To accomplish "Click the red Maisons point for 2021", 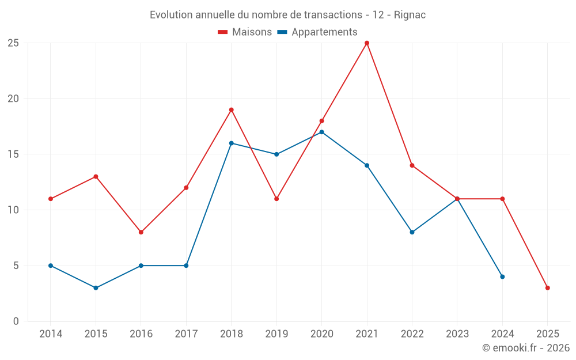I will [x=367, y=43].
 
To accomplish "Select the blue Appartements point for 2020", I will [x=321, y=132].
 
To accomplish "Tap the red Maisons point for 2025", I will [x=547, y=288].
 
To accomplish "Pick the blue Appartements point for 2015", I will [x=96, y=288].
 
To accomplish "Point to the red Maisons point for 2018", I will [x=231, y=110].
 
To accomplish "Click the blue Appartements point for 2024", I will [x=502, y=276].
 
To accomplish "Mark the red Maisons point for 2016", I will [x=141, y=232].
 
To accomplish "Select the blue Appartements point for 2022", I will [x=412, y=232].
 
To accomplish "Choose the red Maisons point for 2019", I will [x=276, y=199].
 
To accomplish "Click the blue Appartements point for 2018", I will [x=231, y=143].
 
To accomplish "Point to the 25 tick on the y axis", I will [x=13, y=43].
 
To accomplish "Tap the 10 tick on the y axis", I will [x=13, y=210].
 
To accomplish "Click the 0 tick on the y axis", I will [x=16, y=321].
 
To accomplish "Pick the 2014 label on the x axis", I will [x=50, y=334].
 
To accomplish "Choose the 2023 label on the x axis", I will [x=457, y=334].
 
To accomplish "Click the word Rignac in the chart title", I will [x=410, y=15].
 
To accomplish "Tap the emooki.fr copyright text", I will [x=526, y=348].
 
